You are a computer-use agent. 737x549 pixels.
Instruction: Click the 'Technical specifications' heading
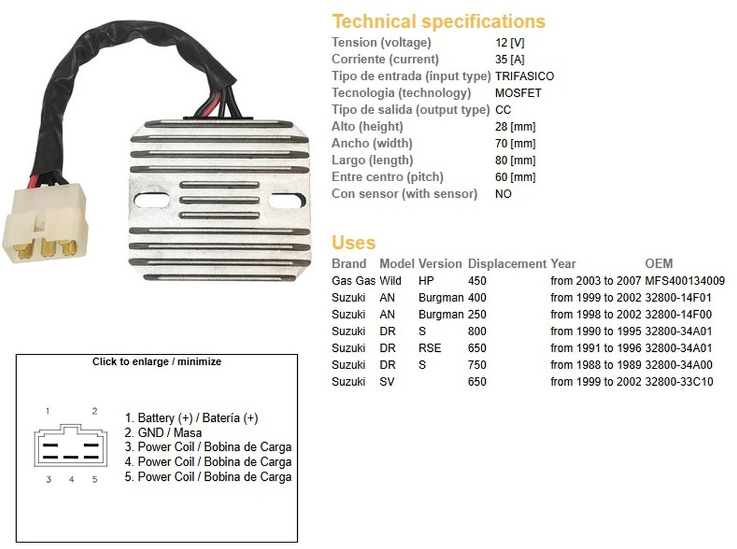click(x=439, y=21)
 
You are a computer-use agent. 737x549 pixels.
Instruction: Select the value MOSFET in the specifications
click(x=518, y=93)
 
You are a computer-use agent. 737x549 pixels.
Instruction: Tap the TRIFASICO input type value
click(x=524, y=76)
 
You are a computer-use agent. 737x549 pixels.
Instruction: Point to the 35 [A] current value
click(x=510, y=60)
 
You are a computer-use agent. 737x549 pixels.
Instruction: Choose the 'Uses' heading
click(x=353, y=243)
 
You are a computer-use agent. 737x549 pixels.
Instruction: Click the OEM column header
click(x=659, y=264)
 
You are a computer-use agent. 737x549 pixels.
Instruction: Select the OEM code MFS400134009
click(x=685, y=281)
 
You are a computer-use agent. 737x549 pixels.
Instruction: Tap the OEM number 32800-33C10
click(x=679, y=381)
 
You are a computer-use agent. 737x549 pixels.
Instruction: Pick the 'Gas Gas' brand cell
click(x=351, y=281)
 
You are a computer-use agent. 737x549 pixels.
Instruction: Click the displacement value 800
click(x=477, y=331)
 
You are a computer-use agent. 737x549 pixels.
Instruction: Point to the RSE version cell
click(x=430, y=348)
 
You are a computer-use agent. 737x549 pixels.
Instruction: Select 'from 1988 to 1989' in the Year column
click(x=596, y=365)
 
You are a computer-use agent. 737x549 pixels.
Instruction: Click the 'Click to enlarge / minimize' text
click(x=157, y=362)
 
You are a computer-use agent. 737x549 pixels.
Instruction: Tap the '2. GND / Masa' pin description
click(x=163, y=432)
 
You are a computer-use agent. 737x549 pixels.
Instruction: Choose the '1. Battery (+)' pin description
click(x=191, y=418)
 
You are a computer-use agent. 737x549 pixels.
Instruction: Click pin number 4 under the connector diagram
click(x=71, y=480)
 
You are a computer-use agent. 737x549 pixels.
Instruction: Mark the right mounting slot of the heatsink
click(x=287, y=200)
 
